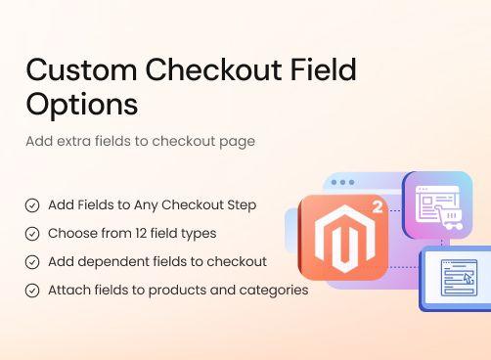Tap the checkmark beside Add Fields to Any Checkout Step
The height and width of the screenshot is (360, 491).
tap(32, 205)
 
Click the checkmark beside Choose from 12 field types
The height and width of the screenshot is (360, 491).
tap(32, 234)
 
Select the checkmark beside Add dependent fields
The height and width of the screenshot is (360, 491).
tap(32, 262)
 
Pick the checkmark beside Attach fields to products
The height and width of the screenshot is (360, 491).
tap(32, 291)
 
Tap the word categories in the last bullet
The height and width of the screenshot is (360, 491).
tap(276, 291)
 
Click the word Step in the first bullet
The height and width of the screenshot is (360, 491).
tap(243, 205)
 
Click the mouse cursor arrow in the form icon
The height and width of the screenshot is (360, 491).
tap(469, 279)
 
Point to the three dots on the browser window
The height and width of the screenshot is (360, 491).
tap(342, 182)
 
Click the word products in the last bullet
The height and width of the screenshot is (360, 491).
tap(187, 291)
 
